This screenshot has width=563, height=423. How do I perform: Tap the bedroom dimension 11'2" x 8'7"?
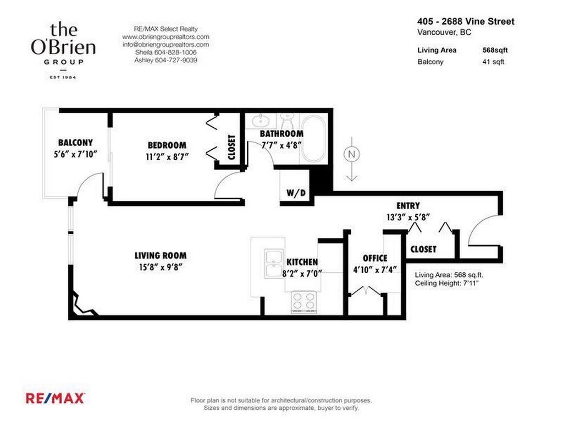click(167, 156)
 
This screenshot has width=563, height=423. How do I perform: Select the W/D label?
click(296, 193)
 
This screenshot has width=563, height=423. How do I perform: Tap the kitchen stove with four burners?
click(303, 301)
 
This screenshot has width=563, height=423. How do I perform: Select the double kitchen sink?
click(273, 263)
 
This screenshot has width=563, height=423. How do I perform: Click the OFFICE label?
click(375, 258)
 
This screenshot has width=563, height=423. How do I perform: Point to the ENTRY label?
click(408, 205)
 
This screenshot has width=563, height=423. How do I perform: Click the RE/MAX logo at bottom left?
click(55, 398)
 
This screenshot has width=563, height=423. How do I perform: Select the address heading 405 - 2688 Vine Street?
click(466, 21)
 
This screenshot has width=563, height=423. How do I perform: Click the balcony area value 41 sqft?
click(493, 62)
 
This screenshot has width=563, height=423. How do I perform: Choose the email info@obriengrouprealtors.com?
click(165, 45)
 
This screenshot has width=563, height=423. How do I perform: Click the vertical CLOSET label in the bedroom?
click(231, 147)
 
